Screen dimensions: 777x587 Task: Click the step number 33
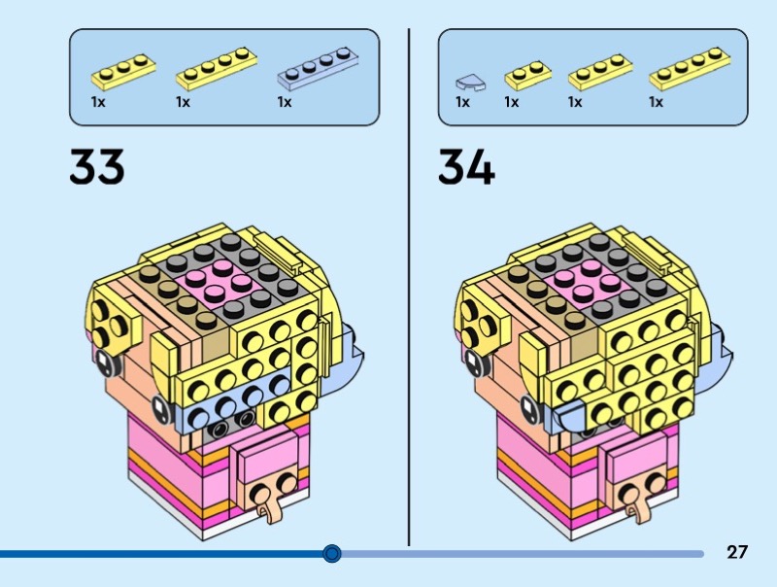tap(96, 166)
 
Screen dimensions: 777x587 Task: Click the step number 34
tap(466, 167)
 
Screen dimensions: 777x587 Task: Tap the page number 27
tap(737, 552)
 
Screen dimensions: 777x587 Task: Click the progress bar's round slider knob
tap(331, 553)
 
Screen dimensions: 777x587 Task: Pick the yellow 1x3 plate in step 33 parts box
tap(123, 72)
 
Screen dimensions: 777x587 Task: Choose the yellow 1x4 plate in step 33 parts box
tap(217, 69)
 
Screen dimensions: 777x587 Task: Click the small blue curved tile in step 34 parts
tap(470, 83)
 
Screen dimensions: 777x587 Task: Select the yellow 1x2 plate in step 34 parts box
tap(527, 76)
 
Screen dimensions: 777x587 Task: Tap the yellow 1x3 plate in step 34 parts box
tap(600, 72)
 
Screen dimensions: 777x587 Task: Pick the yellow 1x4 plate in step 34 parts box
tap(690, 69)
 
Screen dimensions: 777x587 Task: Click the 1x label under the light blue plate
tap(285, 102)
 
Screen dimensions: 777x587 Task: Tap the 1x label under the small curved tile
tap(462, 102)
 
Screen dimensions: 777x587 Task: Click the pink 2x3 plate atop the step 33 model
tap(220, 281)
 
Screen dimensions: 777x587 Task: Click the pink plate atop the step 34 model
tap(588, 282)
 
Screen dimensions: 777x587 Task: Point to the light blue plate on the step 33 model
tap(233, 401)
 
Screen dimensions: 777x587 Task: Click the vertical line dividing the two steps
tap(409, 287)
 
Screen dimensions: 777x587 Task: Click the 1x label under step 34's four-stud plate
tap(657, 102)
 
